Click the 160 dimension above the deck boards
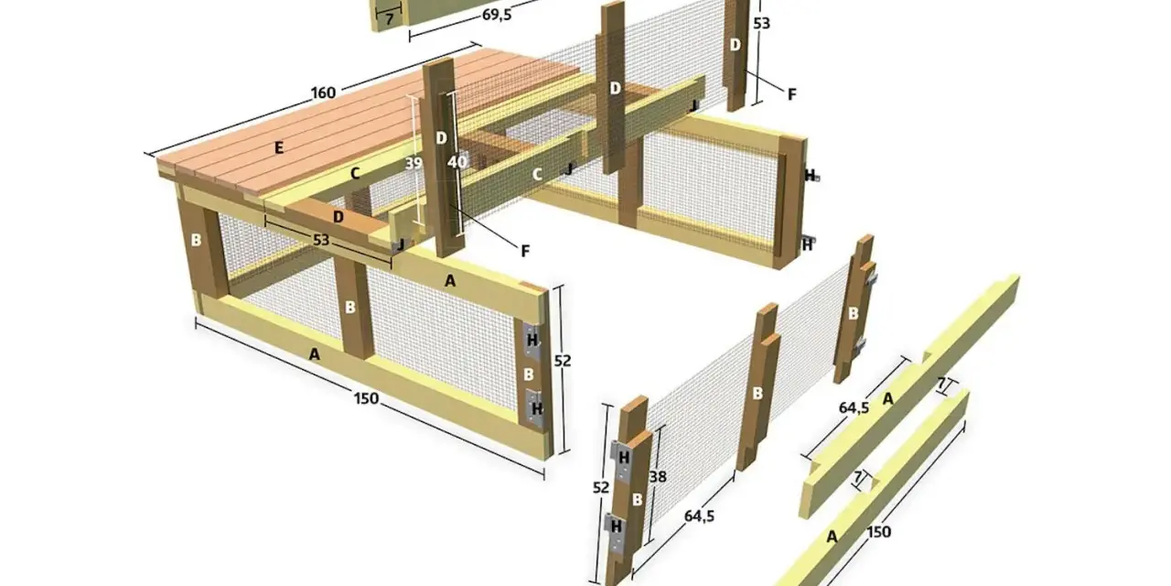point(323,93)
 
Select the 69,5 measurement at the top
point(497,15)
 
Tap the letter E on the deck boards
point(279,148)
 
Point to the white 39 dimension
point(413,163)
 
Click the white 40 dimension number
point(457,162)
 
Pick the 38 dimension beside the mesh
point(658,477)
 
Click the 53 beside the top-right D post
point(762,24)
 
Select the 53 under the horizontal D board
point(321,240)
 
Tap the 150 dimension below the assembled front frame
point(366,398)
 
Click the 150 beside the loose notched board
point(879,532)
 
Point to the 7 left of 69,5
point(389,20)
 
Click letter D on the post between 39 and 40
point(441,138)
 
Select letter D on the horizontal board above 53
point(338,217)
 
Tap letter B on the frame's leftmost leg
point(196,240)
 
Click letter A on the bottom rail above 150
point(314,354)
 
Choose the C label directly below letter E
point(355,174)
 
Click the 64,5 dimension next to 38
point(699,515)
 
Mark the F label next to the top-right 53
point(791,94)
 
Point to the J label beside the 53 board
point(401,244)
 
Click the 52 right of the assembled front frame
point(562,361)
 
